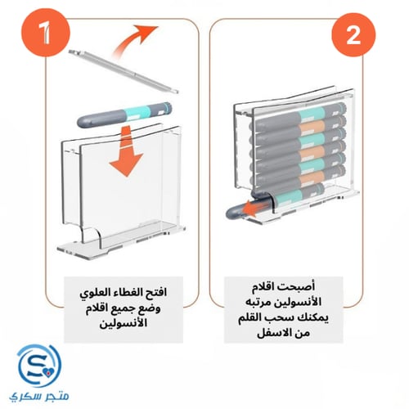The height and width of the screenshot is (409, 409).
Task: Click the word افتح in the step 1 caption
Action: point(173,290)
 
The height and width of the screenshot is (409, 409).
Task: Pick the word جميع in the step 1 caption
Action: point(137,307)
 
